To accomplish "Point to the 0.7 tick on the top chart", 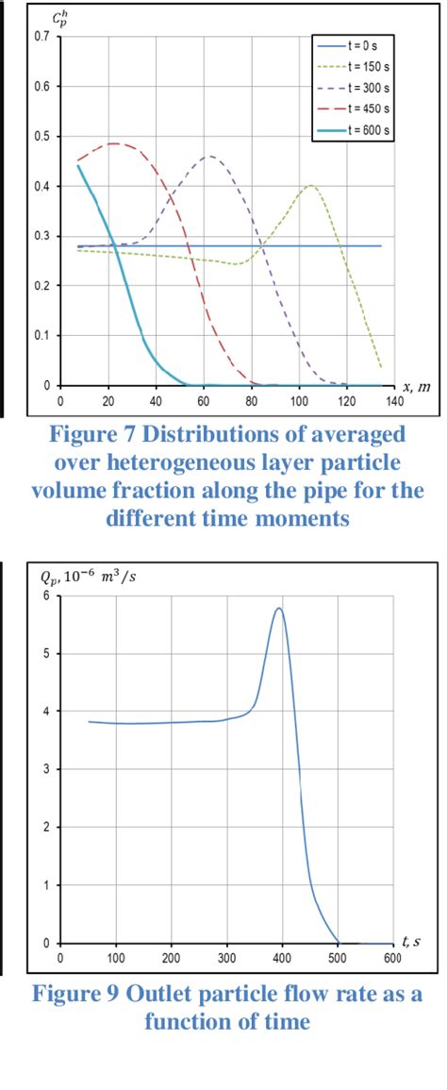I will pos(41,36).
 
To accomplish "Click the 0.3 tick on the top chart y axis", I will pos(41,235).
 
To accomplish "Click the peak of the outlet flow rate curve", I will pos(278,608).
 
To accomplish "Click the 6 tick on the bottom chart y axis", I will pos(45,595).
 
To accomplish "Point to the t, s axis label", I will pos(411,942).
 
